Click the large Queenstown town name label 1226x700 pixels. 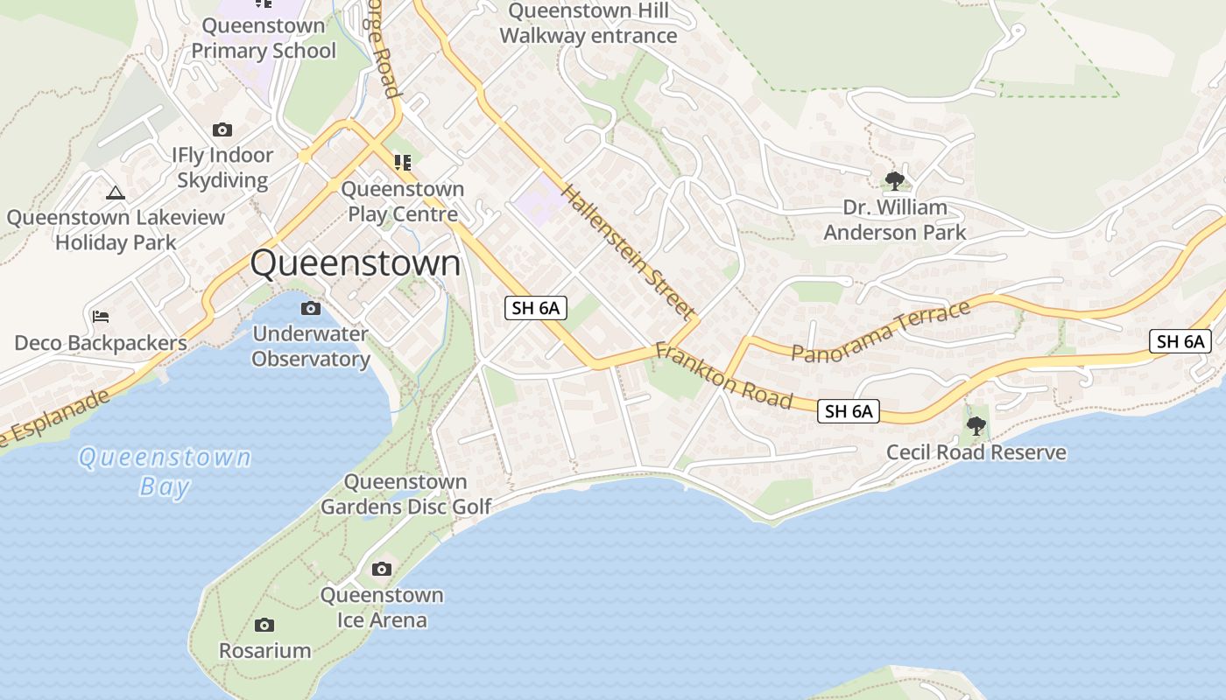(x=356, y=263)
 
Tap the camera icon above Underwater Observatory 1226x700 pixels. (x=310, y=308)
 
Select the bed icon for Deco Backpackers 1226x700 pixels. (x=101, y=316)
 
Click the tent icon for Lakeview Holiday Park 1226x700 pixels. (x=115, y=192)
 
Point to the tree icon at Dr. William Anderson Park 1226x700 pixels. (x=894, y=181)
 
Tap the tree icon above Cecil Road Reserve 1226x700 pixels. (x=976, y=426)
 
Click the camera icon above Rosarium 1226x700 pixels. (x=264, y=625)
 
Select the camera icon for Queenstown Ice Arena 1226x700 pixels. (x=381, y=570)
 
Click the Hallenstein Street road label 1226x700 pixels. (x=628, y=252)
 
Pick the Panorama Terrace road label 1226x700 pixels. (x=881, y=330)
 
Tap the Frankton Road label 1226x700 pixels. (x=723, y=375)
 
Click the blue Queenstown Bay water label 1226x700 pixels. (x=165, y=471)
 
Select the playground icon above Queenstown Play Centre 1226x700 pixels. (x=402, y=162)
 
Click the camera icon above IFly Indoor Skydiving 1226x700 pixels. (x=222, y=129)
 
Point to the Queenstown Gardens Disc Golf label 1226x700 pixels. (x=405, y=494)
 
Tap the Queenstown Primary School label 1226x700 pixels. (x=264, y=38)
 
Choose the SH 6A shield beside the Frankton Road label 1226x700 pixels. (x=849, y=410)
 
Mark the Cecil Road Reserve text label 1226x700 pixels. (x=976, y=452)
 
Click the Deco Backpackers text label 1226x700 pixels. (x=101, y=343)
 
